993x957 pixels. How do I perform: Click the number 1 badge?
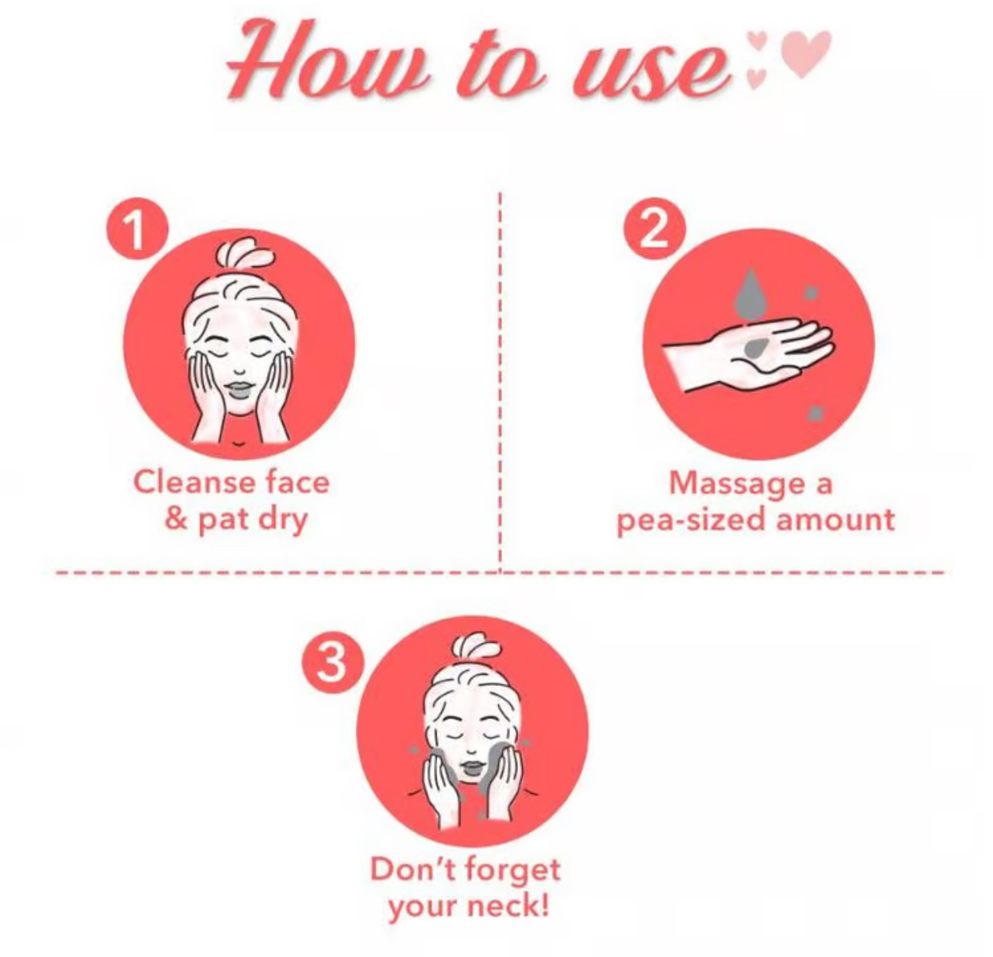pyautogui.click(x=137, y=231)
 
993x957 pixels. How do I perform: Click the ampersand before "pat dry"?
pyautogui.click(x=176, y=519)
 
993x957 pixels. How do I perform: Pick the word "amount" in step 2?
pyautogui.click(x=835, y=520)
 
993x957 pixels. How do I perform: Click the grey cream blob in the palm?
pyautogui.click(x=756, y=346)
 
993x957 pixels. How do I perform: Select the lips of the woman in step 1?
pyautogui.click(x=240, y=392)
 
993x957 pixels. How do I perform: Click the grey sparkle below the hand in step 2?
pyautogui.click(x=817, y=413)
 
